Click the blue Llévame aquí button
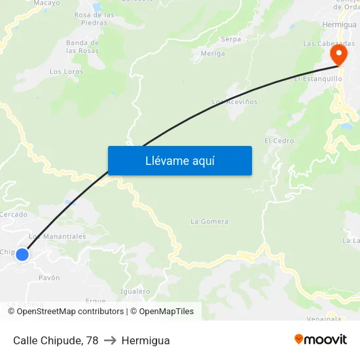[x=179, y=160]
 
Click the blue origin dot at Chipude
[x=22, y=254]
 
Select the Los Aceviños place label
[x=234, y=102]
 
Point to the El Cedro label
[x=279, y=141]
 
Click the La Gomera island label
[x=209, y=221]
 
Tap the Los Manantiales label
[x=58, y=236]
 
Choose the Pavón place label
[x=49, y=278]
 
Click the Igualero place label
[x=135, y=291]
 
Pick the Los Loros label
[x=66, y=71]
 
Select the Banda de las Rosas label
[x=82, y=46]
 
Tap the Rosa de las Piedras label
[x=94, y=18]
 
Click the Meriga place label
[x=213, y=54]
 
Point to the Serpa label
[x=231, y=39]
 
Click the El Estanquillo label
[x=317, y=79]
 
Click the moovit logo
[x=320, y=340]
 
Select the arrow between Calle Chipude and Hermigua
[x=110, y=340]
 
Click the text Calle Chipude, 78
[x=56, y=340]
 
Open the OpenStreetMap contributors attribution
[x=70, y=312]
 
